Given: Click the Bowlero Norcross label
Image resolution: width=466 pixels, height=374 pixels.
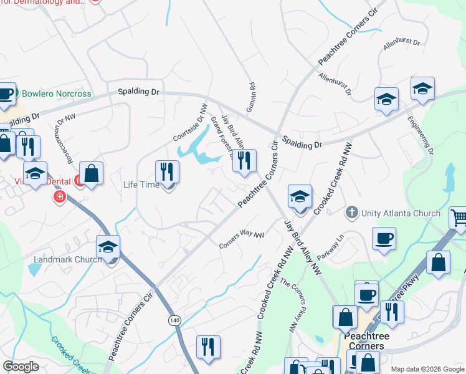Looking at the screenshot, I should (x=56, y=94).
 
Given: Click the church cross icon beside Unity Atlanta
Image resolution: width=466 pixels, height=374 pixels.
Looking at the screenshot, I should (x=352, y=213).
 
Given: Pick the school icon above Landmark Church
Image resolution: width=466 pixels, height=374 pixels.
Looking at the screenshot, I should (x=108, y=247).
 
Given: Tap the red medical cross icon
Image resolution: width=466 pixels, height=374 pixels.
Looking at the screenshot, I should (x=59, y=198).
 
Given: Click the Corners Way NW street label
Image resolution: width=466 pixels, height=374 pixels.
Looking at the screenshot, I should (x=242, y=241).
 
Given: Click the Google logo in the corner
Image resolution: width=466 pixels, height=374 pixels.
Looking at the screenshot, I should (x=21, y=367).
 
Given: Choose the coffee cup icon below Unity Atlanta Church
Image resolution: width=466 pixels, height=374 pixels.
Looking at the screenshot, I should (x=383, y=237).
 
